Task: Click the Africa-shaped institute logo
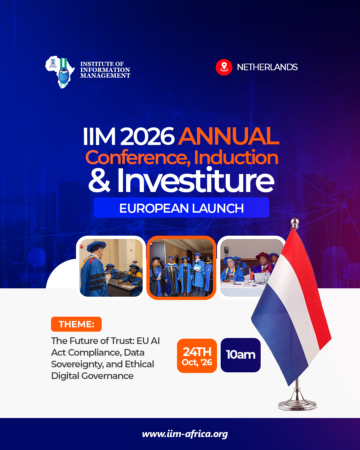[x=60, y=71]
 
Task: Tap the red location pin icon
[x=224, y=67]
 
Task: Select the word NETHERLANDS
[x=267, y=67]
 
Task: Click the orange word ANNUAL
[x=229, y=136]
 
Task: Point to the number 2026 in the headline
[x=147, y=137]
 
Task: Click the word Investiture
[x=196, y=181]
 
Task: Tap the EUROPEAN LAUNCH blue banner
[x=181, y=208]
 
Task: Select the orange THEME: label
[x=76, y=324]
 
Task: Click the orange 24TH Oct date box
[x=197, y=356]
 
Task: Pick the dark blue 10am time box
[x=241, y=355]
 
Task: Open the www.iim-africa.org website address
[x=185, y=434]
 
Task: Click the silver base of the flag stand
[x=297, y=404]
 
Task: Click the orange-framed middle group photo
[x=181, y=268]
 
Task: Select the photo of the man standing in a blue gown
[x=111, y=268]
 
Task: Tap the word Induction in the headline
[x=236, y=158]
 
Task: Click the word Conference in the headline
[x=138, y=158]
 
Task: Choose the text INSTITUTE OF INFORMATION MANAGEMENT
[x=105, y=70]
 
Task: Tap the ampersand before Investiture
[x=99, y=181]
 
